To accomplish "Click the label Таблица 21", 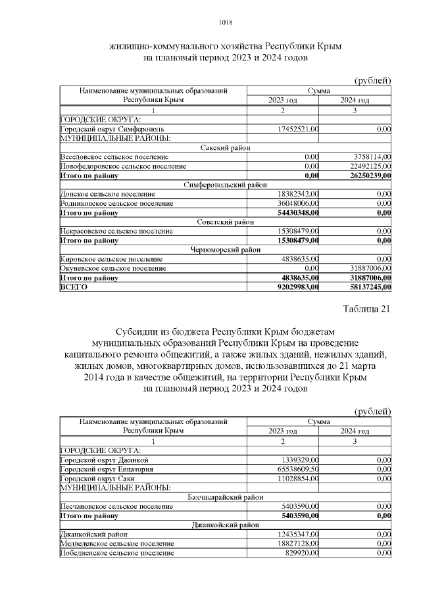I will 366,309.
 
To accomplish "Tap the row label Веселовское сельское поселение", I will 114,157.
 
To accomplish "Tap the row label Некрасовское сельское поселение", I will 116,231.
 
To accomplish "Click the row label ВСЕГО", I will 73,287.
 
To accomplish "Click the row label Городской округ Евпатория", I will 106,469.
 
